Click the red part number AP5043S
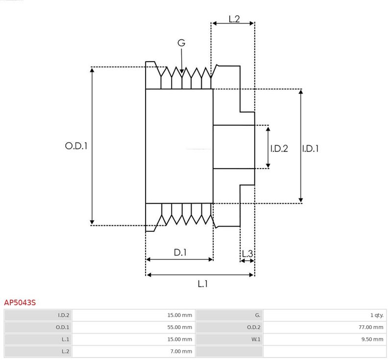[20, 303]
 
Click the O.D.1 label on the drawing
[76, 146]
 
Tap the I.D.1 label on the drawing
[310, 148]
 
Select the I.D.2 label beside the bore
[279, 148]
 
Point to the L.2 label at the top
[234, 19]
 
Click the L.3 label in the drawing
[247, 254]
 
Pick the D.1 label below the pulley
[180, 253]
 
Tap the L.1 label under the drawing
[203, 284]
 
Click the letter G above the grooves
[181, 43]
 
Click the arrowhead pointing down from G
[182, 71]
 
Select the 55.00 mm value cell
[179, 327]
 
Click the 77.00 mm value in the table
[371, 327]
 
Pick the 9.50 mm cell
[372, 339]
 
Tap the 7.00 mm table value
[181, 351]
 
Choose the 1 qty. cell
[377, 315]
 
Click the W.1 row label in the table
[256, 339]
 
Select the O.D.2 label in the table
[253, 327]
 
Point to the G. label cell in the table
[258, 315]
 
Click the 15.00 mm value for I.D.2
[179, 315]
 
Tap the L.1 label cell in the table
[65, 339]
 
